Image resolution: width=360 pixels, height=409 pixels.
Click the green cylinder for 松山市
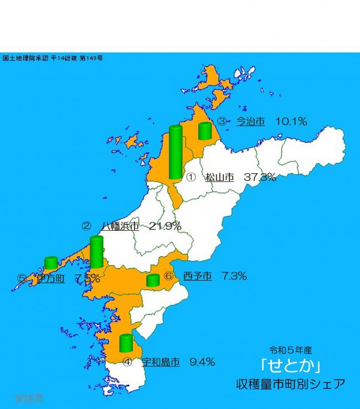tap(176, 153)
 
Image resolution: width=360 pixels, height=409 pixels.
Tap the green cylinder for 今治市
tap(205, 131)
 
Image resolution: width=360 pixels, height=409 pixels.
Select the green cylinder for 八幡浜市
tap(96, 252)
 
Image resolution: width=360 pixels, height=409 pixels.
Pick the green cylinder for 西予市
tap(153, 280)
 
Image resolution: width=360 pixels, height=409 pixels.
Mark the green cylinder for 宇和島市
tap(126, 343)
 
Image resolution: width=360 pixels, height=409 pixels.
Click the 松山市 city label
tap(219, 177)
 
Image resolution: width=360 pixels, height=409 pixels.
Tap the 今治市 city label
tap(250, 122)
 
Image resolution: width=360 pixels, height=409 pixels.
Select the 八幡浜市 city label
tap(120, 226)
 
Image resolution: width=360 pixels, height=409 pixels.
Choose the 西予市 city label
tap(197, 276)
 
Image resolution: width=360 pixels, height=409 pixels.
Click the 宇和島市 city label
tap(161, 363)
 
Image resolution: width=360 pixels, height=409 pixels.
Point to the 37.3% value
tap(260, 177)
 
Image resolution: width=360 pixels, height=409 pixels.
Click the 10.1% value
tap(290, 122)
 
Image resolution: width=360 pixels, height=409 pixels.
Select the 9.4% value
tap(202, 363)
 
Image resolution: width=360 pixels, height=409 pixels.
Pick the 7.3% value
tap(233, 276)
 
